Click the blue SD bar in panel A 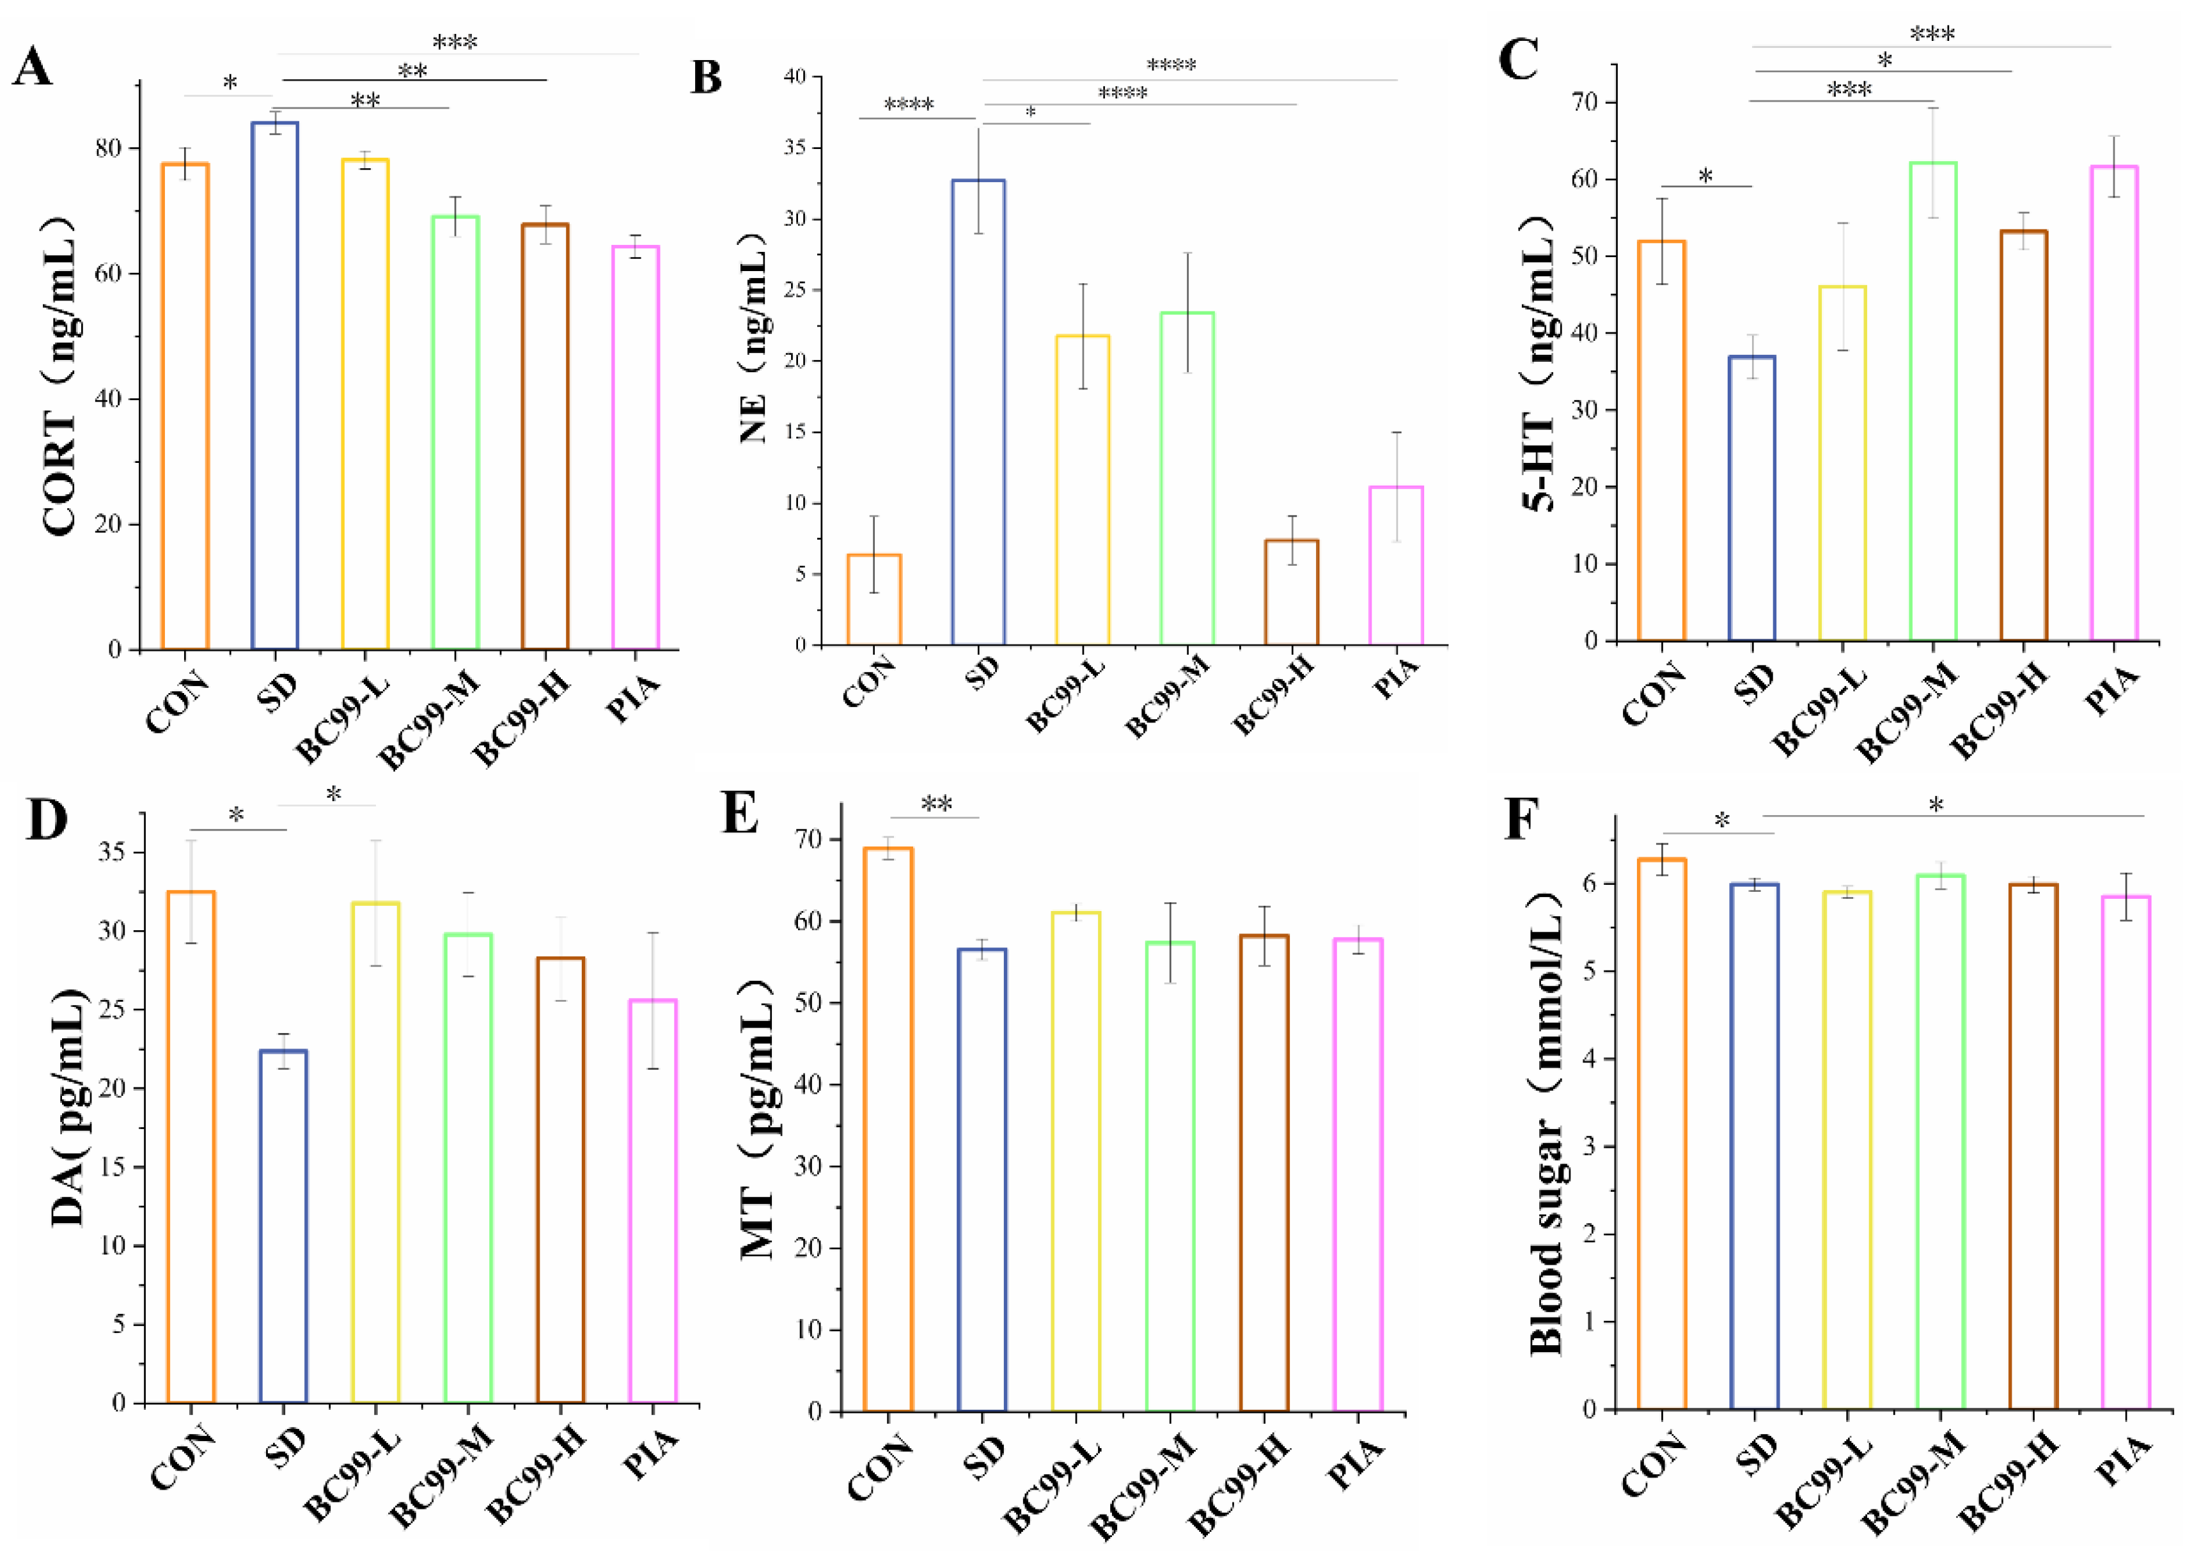275,384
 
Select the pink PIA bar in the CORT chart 635,447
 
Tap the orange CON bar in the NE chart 873,600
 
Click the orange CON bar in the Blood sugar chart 1663,1134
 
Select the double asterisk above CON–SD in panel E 936,804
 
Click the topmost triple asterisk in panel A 455,42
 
